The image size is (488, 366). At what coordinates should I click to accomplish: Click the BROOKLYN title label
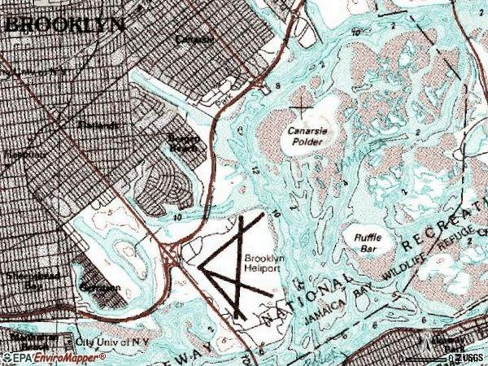[65, 24]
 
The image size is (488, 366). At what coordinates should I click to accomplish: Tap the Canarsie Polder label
[305, 136]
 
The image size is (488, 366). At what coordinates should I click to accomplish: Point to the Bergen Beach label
[184, 142]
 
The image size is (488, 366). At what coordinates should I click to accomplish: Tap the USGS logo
[469, 358]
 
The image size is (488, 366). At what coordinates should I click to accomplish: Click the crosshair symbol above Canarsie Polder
[303, 103]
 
